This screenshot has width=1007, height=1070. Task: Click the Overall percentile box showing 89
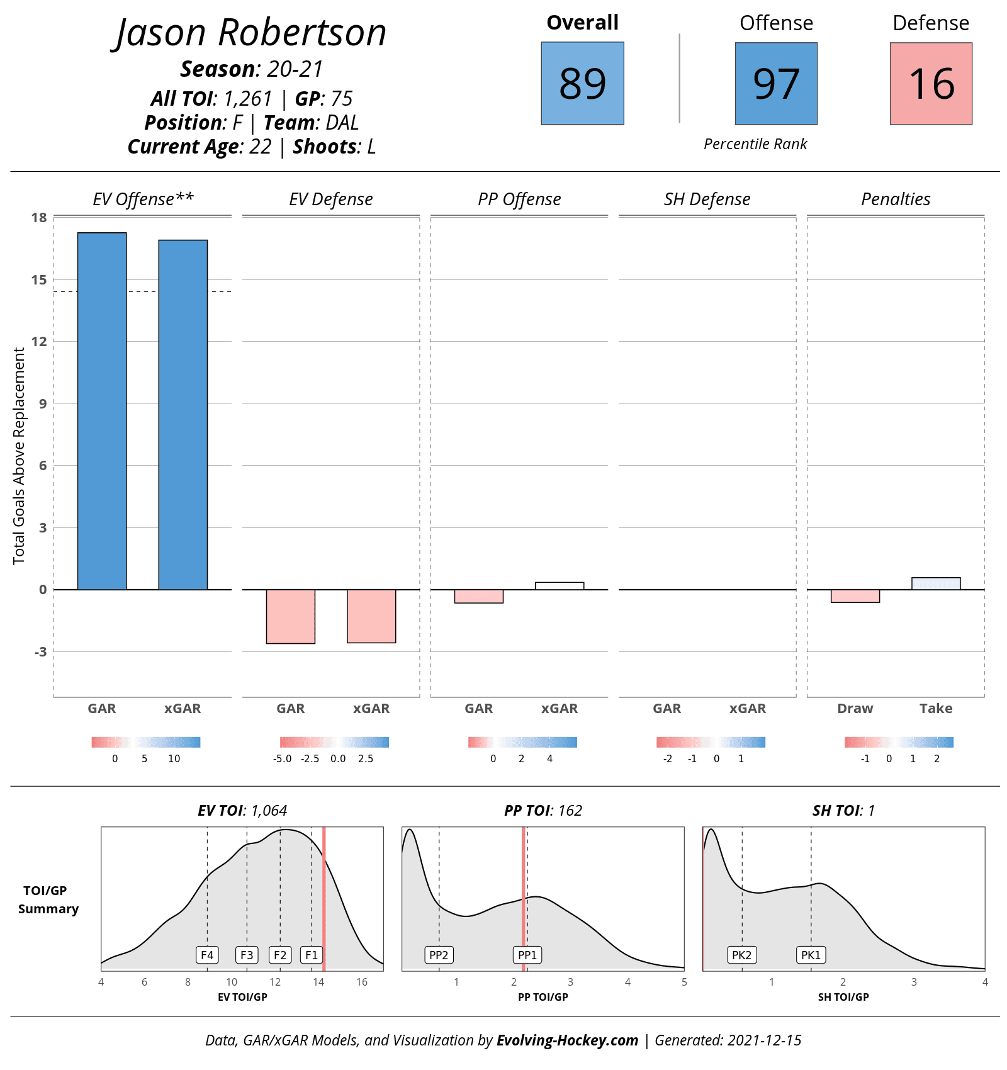click(582, 83)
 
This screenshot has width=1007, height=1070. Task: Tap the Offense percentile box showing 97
click(776, 84)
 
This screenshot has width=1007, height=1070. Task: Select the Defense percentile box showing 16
click(931, 84)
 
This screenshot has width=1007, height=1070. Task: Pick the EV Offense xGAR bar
click(183, 415)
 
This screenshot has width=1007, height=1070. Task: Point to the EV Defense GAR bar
click(291, 616)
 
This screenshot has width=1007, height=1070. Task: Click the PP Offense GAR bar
click(479, 596)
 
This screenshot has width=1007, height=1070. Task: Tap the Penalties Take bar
click(936, 583)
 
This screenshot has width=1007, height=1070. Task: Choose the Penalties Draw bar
click(855, 596)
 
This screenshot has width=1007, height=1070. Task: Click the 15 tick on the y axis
click(39, 279)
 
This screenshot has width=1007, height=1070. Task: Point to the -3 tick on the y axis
click(40, 651)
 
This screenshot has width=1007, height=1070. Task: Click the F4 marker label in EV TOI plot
click(207, 955)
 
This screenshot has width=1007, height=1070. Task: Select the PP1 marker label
click(527, 955)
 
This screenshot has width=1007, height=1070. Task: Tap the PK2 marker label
click(742, 955)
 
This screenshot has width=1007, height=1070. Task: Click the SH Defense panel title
click(707, 199)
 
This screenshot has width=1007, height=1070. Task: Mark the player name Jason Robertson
click(251, 33)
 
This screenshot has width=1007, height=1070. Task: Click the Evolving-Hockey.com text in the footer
click(567, 1040)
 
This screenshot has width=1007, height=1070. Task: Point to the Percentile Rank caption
click(755, 144)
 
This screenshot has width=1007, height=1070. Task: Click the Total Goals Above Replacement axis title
click(19, 456)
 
